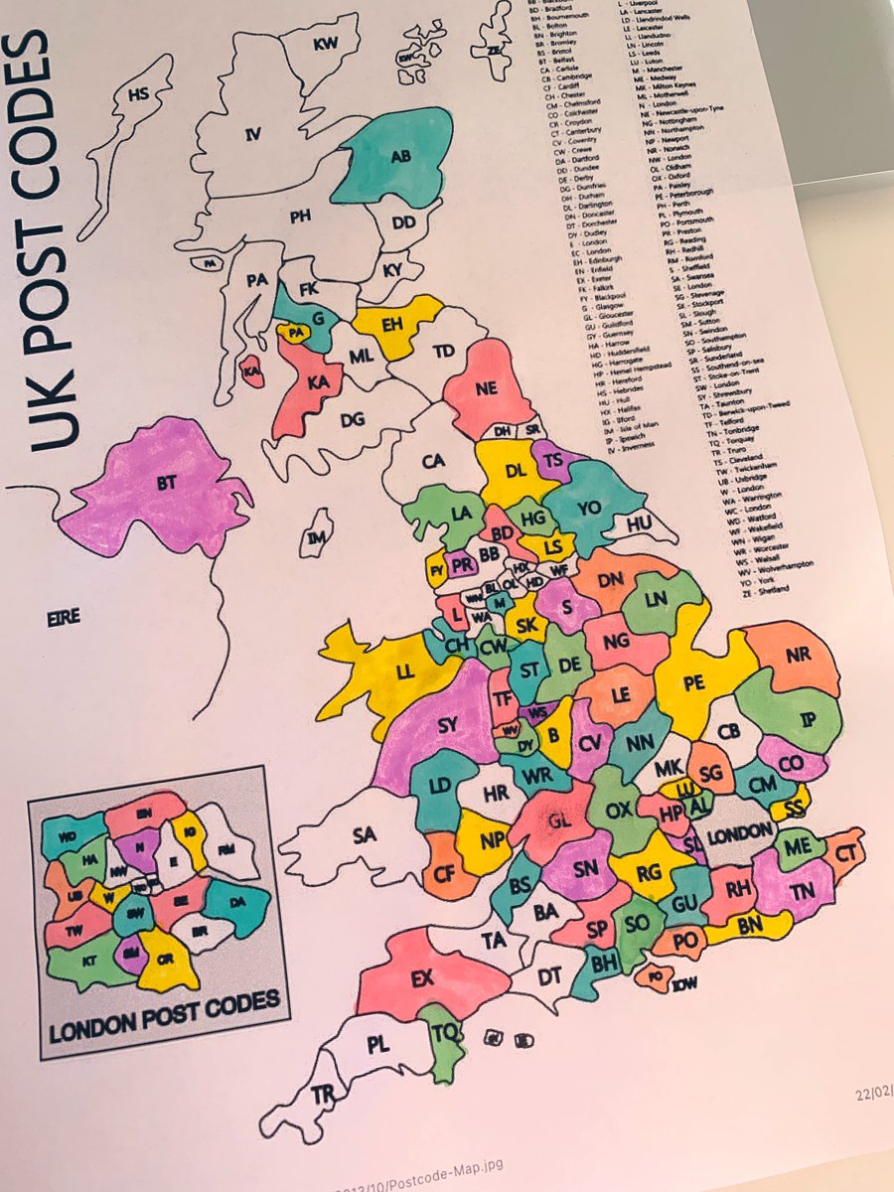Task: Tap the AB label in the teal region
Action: [x=400, y=157]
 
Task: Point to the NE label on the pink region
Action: [x=485, y=389]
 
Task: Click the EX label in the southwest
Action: [x=423, y=979]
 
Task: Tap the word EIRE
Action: [x=64, y=617]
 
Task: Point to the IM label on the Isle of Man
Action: [x=316, y=537]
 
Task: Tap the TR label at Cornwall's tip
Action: [x=322, y=1094]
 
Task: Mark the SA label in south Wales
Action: [x=365, y=836]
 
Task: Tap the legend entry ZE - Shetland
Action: [x=766, y=589]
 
